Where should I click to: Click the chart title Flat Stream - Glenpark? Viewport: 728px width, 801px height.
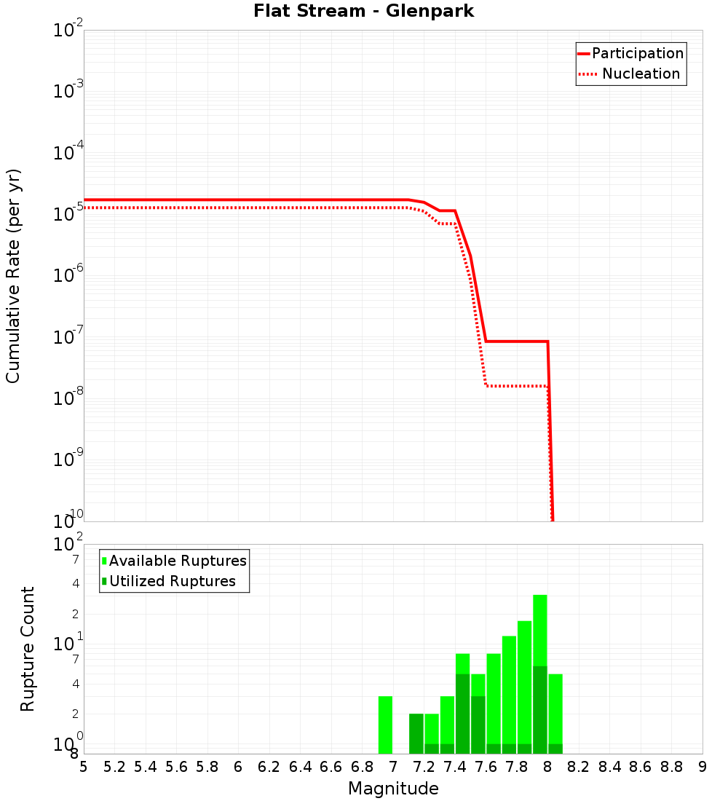(364, 12)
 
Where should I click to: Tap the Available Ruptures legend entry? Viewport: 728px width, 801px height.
(174, 561)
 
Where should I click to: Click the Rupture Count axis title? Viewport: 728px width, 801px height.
(28, 649)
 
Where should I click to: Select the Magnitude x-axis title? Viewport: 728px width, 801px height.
(393, 789)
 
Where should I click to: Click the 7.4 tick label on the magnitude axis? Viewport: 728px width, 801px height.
(455, 767)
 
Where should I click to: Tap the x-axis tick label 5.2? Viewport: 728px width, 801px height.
(114, 767)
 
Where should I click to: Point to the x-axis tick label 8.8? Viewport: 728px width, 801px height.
(671, 767)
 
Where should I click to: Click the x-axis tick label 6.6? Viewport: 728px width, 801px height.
(331, 767)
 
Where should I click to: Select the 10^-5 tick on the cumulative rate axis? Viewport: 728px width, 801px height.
(68, 214)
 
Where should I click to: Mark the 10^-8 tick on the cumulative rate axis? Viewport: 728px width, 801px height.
(68, 398)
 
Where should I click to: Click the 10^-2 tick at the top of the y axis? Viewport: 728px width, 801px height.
(68, 31)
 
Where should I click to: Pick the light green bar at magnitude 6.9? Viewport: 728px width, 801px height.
(385, 725)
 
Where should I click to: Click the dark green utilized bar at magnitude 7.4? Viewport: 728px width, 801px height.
(462, 714)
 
